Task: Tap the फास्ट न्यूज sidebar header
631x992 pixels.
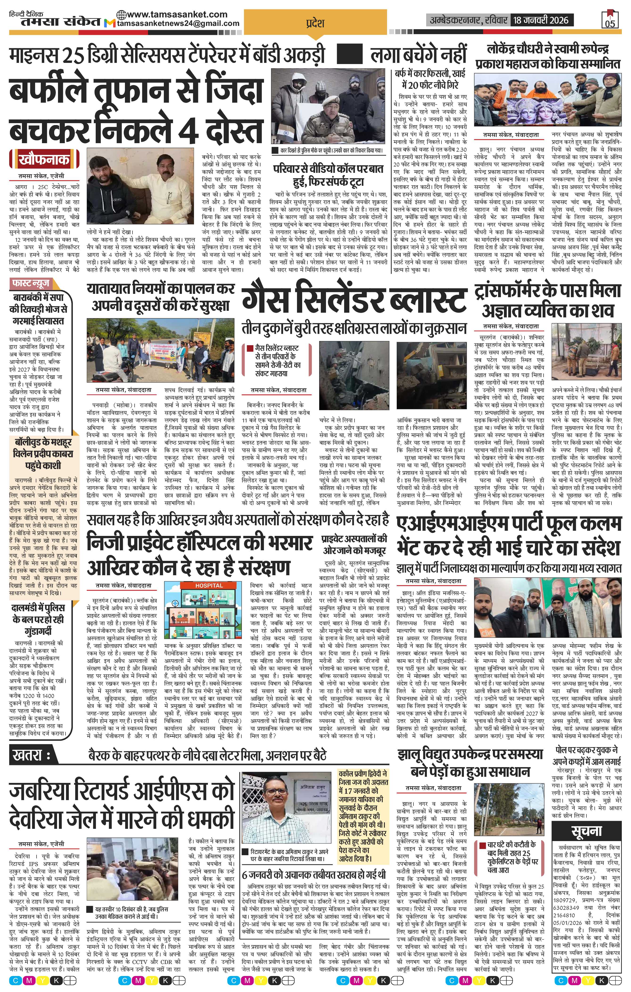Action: tap(31, 283)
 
